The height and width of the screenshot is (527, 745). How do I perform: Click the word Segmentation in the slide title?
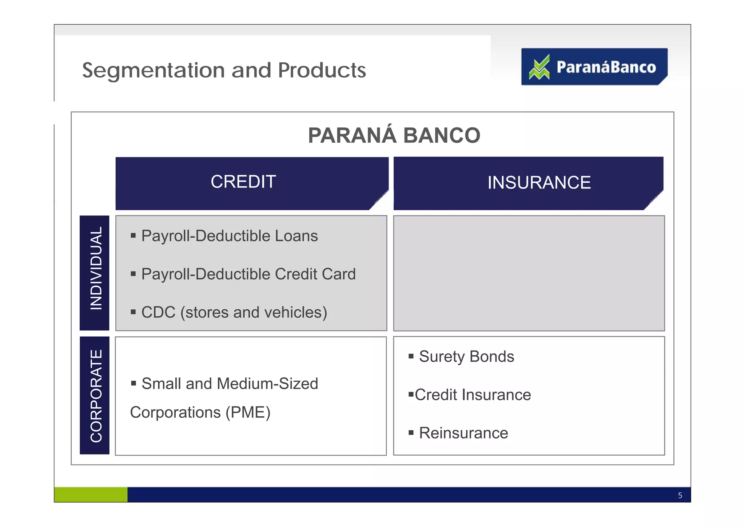153,70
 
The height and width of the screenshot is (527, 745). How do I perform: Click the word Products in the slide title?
322,70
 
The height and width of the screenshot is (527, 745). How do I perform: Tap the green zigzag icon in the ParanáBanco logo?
539,67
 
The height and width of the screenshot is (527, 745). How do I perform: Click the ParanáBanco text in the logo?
606,67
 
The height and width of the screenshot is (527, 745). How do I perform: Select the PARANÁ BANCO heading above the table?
394,135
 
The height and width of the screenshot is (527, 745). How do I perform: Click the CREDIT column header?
243,182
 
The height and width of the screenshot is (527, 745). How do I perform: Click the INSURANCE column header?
539,183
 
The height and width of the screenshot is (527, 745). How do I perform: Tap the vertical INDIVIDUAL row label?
96,269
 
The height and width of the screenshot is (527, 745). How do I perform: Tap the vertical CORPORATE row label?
96,396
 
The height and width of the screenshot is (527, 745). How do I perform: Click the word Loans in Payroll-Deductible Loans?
296,236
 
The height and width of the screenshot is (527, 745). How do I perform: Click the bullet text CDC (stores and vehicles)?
234,312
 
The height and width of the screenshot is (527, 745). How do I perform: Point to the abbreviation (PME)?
248,412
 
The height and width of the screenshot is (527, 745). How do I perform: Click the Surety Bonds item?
466,357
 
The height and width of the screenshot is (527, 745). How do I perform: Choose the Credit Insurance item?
473,395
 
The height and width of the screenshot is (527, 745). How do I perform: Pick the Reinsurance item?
463,433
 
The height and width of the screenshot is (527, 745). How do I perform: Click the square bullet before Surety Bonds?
411,356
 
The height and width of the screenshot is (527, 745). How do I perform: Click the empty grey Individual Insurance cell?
529,273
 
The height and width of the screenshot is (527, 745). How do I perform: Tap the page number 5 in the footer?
680,495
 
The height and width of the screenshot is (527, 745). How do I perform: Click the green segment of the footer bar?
91,495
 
